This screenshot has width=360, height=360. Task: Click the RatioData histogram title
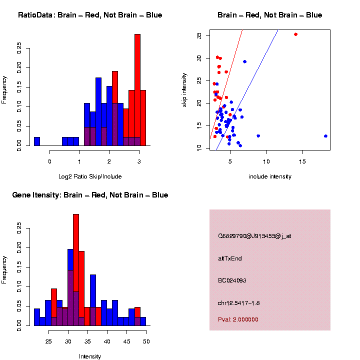click(x=90, y=15)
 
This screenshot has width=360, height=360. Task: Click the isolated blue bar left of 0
click(x=37, y=141)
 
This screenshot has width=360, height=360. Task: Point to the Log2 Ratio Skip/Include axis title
click(x=90, y=176)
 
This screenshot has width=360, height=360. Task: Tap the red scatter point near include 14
click(x=296, y=34)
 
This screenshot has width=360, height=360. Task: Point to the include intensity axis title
click(x=270, y=176)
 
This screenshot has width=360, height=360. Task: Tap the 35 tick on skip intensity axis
click(x=199, y=35)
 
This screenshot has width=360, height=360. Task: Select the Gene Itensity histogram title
click(x=90, y=195)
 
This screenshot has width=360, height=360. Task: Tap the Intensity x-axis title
click(x=90, y=356)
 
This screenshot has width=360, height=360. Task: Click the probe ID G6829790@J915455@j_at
click(x=254, y=236)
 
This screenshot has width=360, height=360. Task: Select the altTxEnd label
click(x=230, y=258)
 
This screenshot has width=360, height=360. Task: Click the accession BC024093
click(x=232, y=280)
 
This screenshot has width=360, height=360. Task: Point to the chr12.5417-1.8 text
click(x=239, y=303)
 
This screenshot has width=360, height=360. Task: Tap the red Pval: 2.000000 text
click(x=238, y=319)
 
